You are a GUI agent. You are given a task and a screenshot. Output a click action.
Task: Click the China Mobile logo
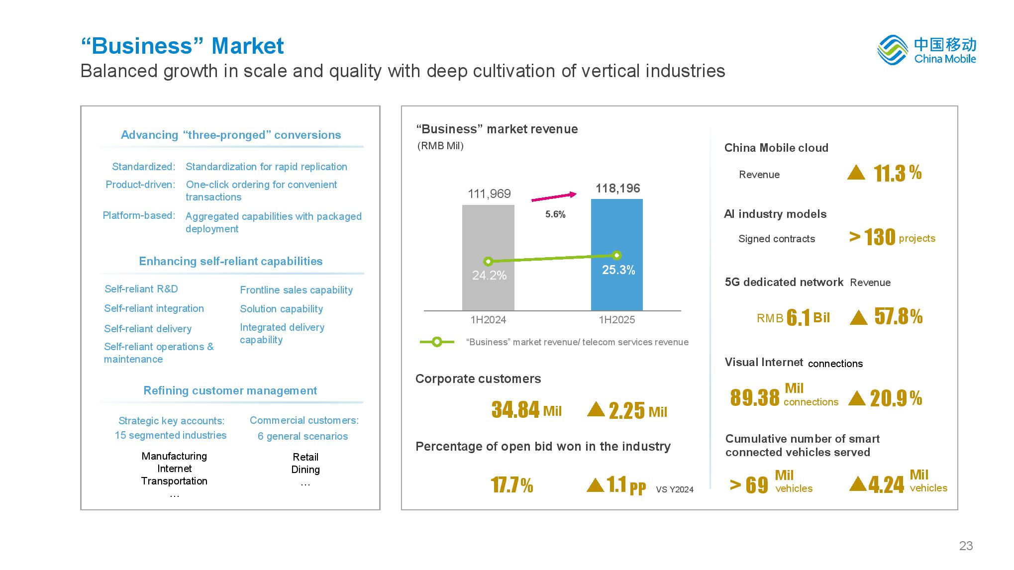click(926, 50)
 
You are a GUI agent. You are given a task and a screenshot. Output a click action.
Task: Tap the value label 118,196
click(617, 189)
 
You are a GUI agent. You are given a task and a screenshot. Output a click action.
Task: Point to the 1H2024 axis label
click(488, 320)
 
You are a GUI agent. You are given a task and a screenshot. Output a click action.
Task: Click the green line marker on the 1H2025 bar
click(617, 255)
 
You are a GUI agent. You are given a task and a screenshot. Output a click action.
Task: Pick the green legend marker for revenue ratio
click(437, 342)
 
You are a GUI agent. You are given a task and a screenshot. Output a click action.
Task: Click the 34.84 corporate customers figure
click(515, 410)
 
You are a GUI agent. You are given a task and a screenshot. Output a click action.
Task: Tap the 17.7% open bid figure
click(511, 484)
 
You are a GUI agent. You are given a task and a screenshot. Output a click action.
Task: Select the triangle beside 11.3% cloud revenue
click(856, 173)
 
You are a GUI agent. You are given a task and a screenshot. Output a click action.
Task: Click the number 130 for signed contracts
click(880, 237)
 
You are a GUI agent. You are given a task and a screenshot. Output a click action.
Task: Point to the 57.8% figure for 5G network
click(899, 316)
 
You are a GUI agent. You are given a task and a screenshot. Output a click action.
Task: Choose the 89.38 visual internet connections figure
click(755, 397)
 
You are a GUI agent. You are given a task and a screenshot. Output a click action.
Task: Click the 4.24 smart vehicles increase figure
click(886, 484)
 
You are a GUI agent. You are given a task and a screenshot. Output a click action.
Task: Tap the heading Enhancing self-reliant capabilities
click(230, 261)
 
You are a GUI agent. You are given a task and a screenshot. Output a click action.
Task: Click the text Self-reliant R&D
click(141, 289)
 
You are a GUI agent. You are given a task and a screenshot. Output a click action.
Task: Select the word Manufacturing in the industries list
click(174, 456)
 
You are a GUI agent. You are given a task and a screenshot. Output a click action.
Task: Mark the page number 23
click(966, 546)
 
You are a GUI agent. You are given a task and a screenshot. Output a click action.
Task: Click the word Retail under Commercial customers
click(305, 457)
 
